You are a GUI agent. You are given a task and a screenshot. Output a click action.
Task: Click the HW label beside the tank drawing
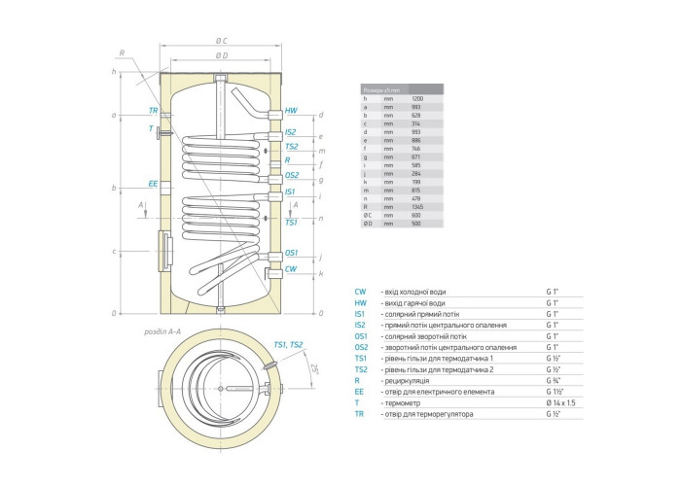click(290, 112)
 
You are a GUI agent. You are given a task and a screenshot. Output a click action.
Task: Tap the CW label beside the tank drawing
click(290, 269)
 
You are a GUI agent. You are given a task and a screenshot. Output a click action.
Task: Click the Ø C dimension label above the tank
click(221, 40)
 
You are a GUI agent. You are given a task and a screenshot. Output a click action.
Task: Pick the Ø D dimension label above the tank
click(221, 56)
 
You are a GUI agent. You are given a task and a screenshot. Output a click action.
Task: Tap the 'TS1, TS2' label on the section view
click(288, 345)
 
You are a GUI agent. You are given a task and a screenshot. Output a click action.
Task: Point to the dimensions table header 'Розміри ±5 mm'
click(375, 88)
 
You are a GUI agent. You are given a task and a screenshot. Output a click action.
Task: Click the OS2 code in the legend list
click(361, 347)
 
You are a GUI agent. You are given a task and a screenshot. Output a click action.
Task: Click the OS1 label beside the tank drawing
click(291, 253)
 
